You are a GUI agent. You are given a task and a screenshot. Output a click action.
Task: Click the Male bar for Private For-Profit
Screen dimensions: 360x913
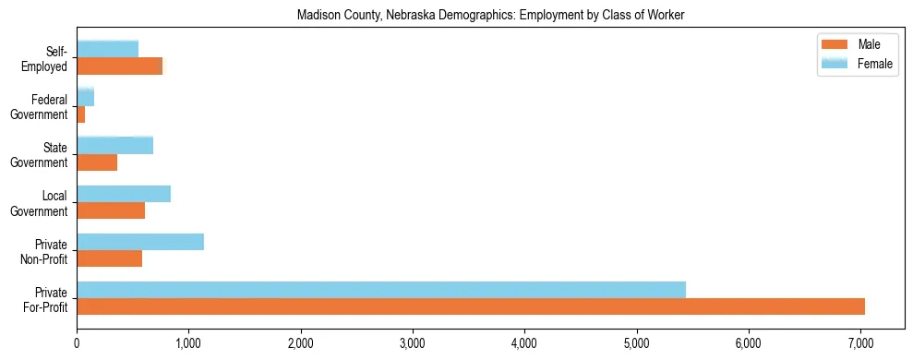[x=471, y=306]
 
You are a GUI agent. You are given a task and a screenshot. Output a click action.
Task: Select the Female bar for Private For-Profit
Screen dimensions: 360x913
[x=381, y=290]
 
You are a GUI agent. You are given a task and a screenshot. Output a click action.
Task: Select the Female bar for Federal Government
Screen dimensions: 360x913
[x=86, y=98]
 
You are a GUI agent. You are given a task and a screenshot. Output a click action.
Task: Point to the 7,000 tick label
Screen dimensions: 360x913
[x=860, y=343]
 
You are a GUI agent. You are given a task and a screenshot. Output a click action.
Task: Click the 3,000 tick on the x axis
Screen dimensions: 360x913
[x=413, y=343]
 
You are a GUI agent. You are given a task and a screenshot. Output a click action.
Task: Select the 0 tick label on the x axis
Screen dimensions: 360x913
[x=77, y=343]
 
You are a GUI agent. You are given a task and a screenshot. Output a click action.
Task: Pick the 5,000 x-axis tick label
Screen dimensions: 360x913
[x=637, y=343]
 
